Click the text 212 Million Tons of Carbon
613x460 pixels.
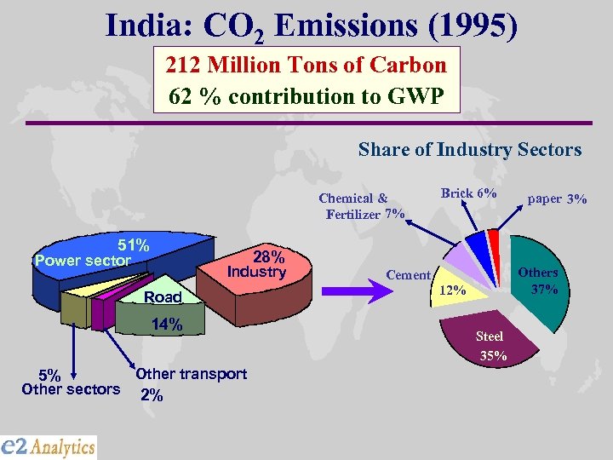click(306, 65)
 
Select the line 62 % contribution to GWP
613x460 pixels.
click(306, 95)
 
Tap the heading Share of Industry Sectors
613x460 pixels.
click(469, 150)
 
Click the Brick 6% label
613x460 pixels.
click(468, 193)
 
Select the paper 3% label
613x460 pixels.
click(557, 198)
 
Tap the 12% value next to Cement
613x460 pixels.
click(452, 290)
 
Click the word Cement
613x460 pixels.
click(408, 274)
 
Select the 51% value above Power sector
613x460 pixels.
click(134, 245)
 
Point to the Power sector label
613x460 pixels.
click(83, 260)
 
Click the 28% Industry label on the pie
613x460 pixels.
click(256, 264)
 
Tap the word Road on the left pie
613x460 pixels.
click(163, 297)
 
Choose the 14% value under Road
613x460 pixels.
click(166, 324)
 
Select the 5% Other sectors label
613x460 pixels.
click(71, 382)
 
